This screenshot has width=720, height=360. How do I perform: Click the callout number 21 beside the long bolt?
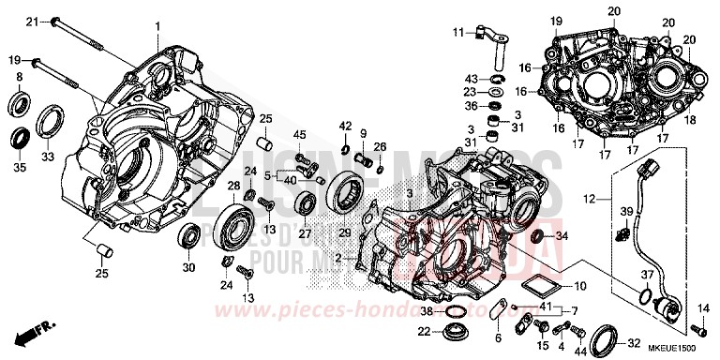[x=31, y=22]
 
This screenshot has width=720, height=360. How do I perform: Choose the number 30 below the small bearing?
[x=188, y=268]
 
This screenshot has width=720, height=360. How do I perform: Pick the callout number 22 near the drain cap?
[x=424, y=332]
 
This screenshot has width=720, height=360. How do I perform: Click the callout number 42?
[x=345, y=126]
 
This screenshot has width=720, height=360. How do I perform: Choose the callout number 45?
[x=302, y=138]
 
